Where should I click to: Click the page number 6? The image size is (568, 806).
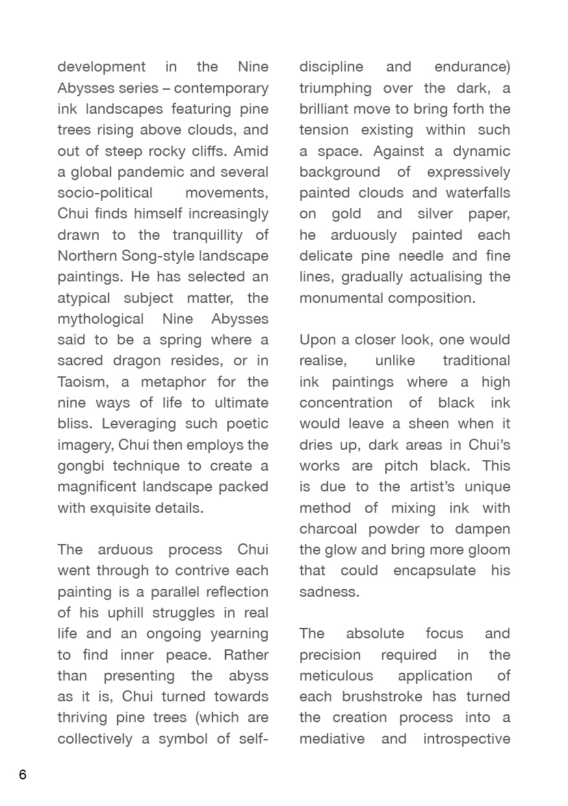click(23, 774)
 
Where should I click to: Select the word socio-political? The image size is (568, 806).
click(105, 192)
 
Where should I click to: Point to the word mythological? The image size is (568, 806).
click(100, 318)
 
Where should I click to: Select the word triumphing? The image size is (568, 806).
click(335, 88)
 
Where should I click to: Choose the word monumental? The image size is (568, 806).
click(341, 298)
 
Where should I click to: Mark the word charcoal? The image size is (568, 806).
click(331, 528)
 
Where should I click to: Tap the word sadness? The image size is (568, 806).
click(329, 591)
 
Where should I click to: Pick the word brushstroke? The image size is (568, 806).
click(387, 696)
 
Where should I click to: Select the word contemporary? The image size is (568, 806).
click(221, 88)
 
